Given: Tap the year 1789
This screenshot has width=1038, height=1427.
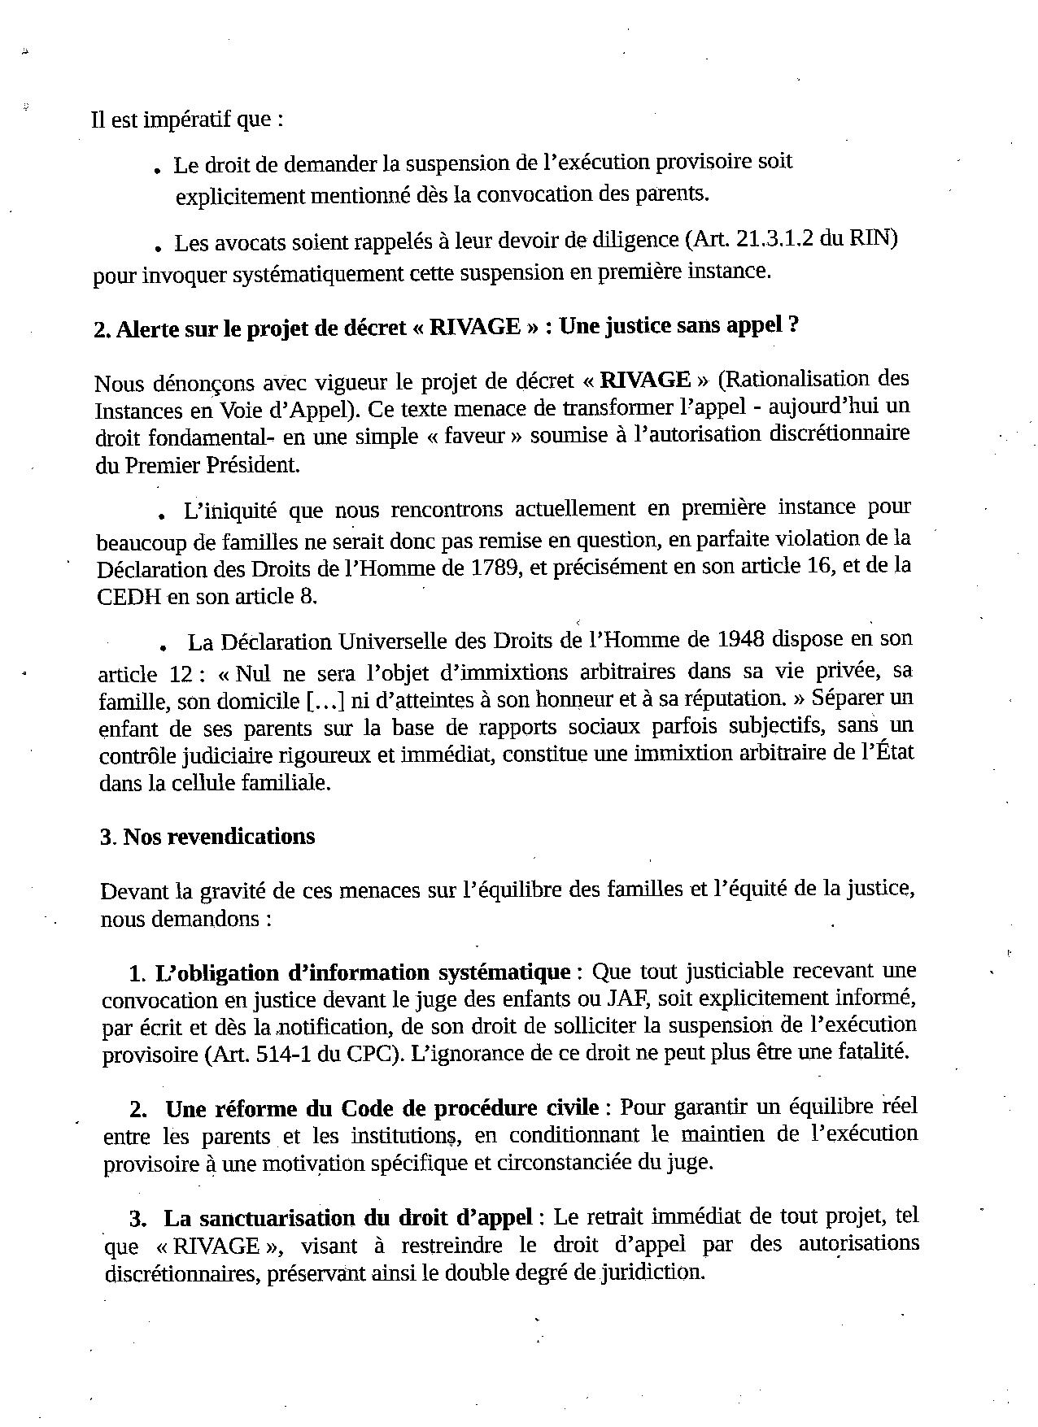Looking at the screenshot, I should [x=495, y=568].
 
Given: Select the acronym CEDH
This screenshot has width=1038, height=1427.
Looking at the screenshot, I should [x=131, y=596].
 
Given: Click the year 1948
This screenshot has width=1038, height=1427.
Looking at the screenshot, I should [x=739, y=639].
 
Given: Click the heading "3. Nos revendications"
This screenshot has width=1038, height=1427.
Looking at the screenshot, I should [x=207, y=837].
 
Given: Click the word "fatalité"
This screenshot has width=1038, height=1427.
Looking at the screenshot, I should [x=870, y=1052].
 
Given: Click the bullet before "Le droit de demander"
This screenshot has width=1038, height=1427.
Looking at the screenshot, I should [x=155, y=170].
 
